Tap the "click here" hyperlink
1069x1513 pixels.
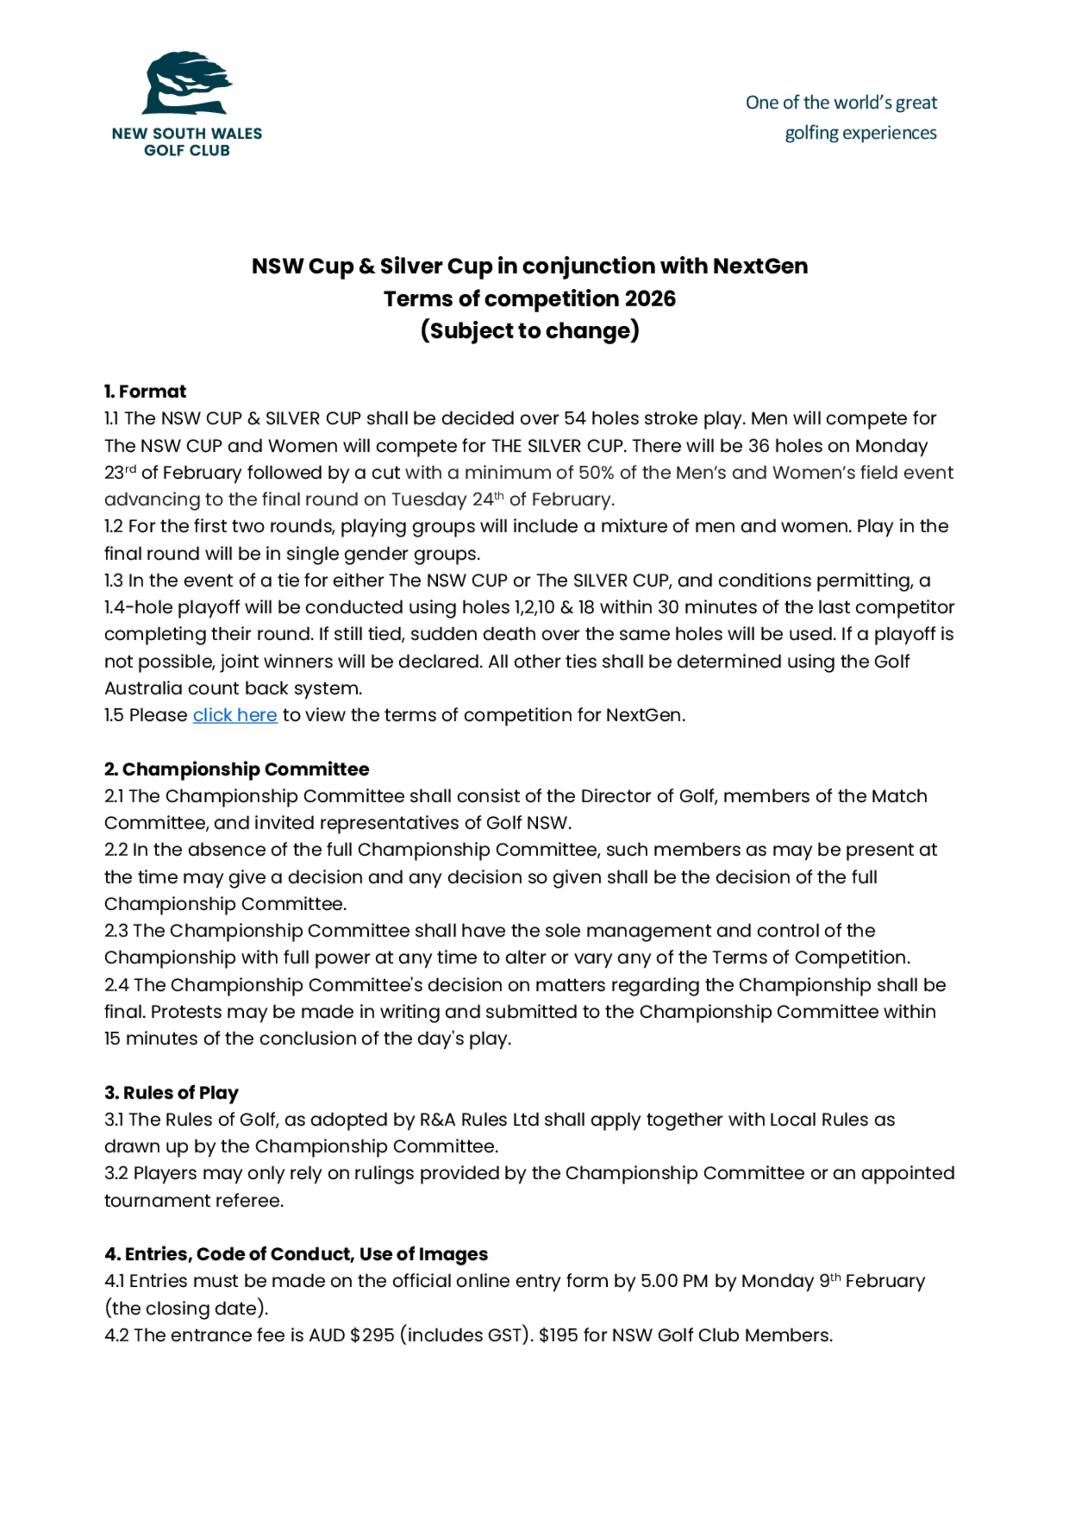(x=235, y=715)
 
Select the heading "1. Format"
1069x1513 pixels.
(x=145, y=391)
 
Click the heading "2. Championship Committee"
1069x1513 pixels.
(x=236, y=769)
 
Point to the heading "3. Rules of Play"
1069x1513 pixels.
(x=171, y=1093)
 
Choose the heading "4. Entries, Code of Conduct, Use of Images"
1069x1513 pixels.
(x=296, y=1254)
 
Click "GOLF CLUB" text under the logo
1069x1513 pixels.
(x=187, y=150)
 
